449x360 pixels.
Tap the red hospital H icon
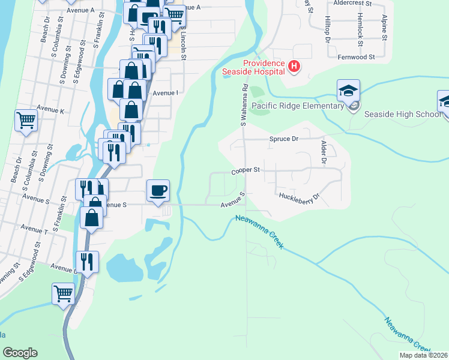(x=294, y=66)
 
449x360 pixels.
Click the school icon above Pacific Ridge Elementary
(x=348, y=91)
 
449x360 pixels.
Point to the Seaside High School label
(x=403, y=115)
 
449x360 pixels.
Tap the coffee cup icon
(x=158, y=191)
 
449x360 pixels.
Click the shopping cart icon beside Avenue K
(x=26, y=120)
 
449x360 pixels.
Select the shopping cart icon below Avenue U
(x=63, y=294)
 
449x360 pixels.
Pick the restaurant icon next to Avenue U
(x=86, y=262)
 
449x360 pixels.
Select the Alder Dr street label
(x=324, y=153)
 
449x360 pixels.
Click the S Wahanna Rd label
(x=244, y=104)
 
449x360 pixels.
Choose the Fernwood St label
(x=356, y=57)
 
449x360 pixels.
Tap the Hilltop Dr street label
(x=328, y=29)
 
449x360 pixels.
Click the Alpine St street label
(x=385, y=26)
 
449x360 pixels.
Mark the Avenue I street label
(x=166, y=93)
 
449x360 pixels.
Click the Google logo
(x=20, y=353)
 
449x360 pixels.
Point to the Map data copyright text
(x=423, y=355)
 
